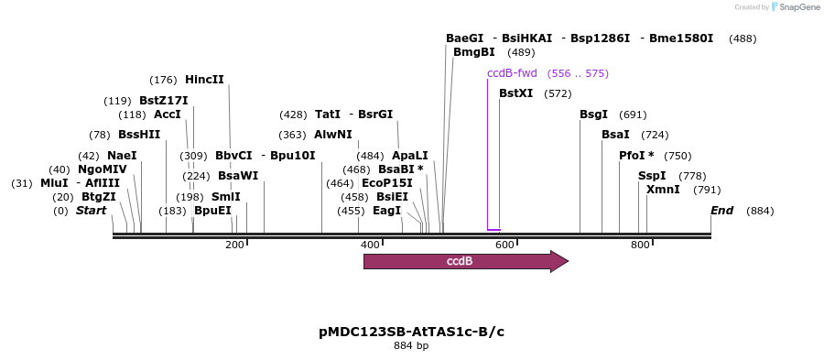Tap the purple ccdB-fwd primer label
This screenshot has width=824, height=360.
[512, 73]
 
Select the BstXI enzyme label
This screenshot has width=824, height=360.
[515, 93]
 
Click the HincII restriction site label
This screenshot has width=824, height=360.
[204, 80]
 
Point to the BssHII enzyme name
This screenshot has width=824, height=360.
[139, 135]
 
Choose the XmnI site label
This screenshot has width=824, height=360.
[663, 190]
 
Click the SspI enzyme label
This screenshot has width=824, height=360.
[652, 176]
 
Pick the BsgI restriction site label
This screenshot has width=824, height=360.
[593, 115]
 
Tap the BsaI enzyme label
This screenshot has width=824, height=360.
[615, 135]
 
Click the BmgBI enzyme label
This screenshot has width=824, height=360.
[474, 52]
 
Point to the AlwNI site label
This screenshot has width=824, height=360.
[333, 135]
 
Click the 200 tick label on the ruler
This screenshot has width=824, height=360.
[234, 245]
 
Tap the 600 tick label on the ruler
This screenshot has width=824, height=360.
[504, 245]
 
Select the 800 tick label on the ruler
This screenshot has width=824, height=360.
[639, 245]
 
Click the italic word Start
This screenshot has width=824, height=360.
[91, 211]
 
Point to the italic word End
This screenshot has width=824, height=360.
[722, 211]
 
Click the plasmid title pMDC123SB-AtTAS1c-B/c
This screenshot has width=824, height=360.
[411, 332]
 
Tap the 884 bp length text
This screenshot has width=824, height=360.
[411, 346]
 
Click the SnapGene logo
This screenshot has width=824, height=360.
[795, 7]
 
